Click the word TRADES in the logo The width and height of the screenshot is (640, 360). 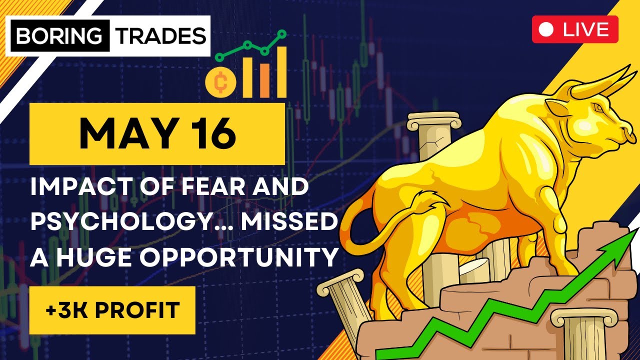[157, 35]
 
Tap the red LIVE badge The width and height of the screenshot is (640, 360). [575, 29]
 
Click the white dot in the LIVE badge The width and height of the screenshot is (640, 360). [547, 29]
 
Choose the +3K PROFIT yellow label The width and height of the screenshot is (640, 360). [112, 310]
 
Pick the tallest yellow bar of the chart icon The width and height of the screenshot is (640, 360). [281, 72]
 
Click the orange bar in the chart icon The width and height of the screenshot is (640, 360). [263, 80]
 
